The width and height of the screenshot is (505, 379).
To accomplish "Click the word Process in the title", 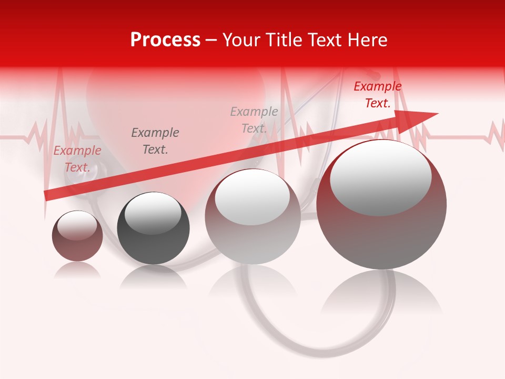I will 165,40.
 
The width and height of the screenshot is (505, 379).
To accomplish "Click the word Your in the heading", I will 242,40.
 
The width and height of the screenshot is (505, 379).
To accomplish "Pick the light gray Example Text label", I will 254,119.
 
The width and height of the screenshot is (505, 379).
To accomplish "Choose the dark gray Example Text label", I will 155,141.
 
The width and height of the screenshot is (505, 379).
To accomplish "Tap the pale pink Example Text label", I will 77,159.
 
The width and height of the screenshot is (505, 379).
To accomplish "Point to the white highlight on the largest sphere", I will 381,176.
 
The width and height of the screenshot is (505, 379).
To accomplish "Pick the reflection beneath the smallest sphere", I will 77,270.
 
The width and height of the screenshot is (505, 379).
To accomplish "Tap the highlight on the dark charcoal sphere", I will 153,212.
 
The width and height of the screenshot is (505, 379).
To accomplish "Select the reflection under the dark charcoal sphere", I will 153,276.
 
